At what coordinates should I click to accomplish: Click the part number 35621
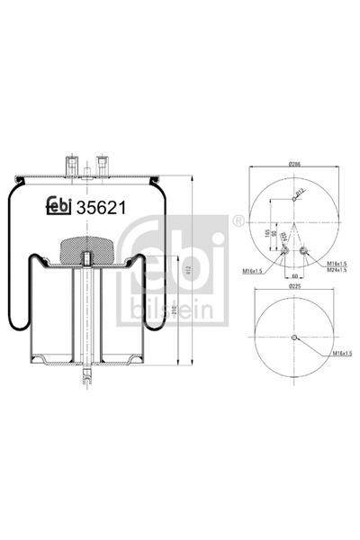[100, 205]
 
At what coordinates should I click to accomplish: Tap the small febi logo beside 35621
[61, 205]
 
